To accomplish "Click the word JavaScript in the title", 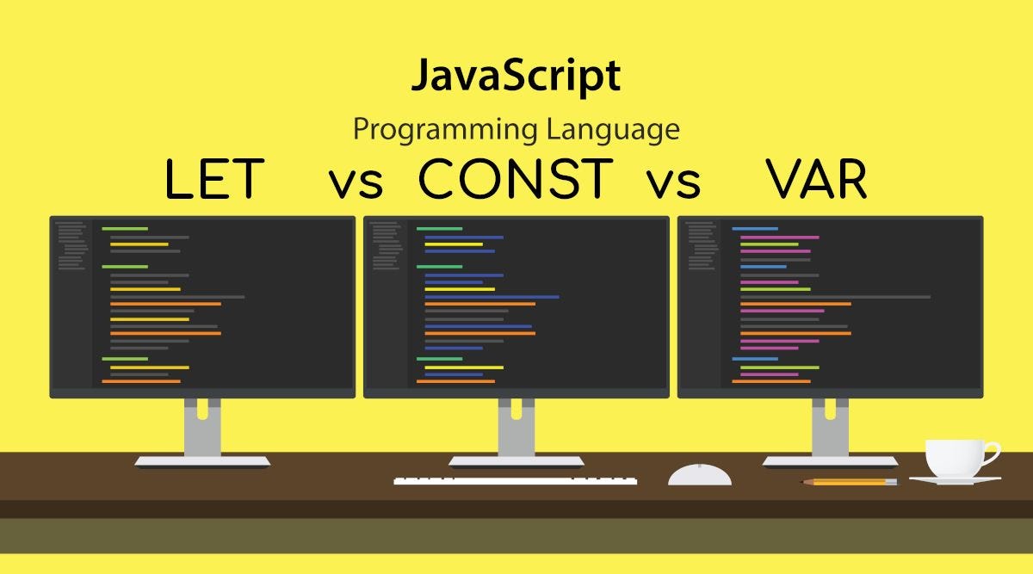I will click(515, 77).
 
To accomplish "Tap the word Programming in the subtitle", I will click(446, 130).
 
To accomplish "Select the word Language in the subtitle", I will click(612, 130).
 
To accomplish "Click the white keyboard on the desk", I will click(515, 480).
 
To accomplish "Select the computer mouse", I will click(700, 474).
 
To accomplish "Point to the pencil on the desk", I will click(850, 482).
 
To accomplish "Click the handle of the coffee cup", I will click(991, 454).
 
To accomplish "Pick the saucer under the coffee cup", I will click(955, 480).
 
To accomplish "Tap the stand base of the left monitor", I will click(202, 461).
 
